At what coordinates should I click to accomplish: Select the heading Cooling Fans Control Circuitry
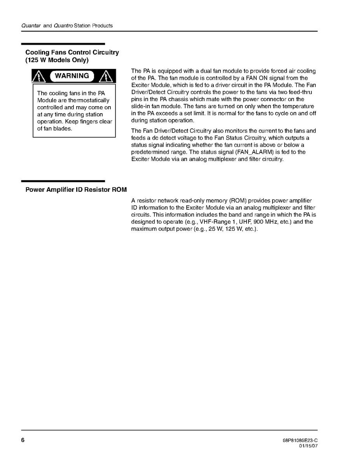click(x=72, y=52)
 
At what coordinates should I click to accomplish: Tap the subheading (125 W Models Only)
click(x=57, y=60)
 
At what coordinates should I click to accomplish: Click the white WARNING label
click(x=72, y=76)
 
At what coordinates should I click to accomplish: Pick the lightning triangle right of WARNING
click(x=106, y=76)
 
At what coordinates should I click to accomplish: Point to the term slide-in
click(x=143, y=106)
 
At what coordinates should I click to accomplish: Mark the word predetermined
click(x=149, y=152)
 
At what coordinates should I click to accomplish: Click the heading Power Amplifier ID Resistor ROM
click(x=76, y=190)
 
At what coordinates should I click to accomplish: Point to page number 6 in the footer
click(x=23, y=440)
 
